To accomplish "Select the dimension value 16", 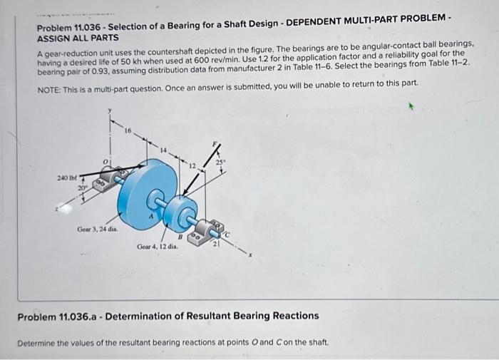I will [x=128, y=131].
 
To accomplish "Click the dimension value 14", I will [x=163, y=150].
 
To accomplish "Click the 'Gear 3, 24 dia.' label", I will [x=98, y=230].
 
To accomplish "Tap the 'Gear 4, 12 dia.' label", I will [x=157, y=246].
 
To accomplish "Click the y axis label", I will [x=110, y=110].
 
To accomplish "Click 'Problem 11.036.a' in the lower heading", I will [x=64, y=315].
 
